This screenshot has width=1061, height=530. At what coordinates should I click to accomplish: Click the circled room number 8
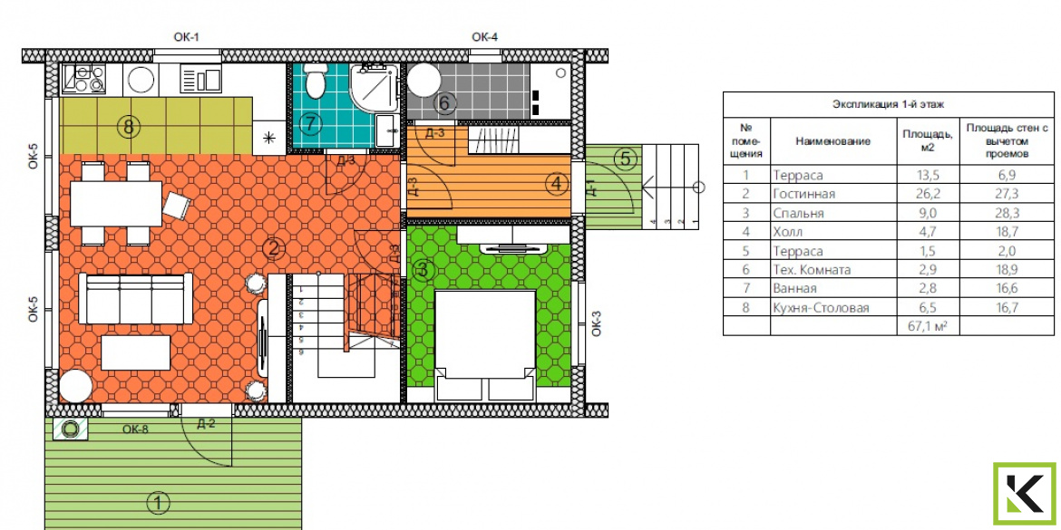coord(129,126)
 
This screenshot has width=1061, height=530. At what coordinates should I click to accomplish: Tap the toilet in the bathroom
coord(314,81)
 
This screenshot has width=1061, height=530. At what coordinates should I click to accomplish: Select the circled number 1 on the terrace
coord(158,503)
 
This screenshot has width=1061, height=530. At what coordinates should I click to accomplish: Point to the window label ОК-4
coord(484,37)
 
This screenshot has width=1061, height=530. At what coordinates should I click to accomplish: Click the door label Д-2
coord(206,425)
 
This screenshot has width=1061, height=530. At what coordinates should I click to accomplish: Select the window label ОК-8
coord(135,428)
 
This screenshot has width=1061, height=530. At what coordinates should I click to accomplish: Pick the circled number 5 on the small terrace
coord(625,159)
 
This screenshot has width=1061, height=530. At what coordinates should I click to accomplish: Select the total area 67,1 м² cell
coord(927,326)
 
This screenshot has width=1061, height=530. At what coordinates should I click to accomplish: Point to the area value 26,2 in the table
coord(927,194)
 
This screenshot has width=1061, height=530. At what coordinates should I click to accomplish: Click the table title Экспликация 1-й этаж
coord(888,104)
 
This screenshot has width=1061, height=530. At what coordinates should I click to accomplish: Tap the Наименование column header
coord(833,141)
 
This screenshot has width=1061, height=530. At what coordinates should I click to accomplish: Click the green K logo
coord(1024,494)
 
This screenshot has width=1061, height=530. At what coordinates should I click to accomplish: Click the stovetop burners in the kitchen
coord(84,79)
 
